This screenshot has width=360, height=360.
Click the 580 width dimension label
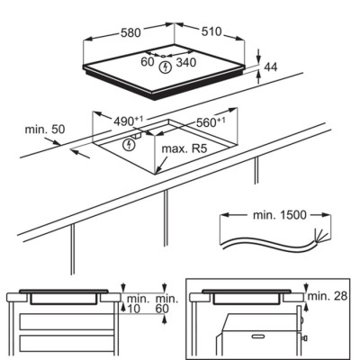(130, 32)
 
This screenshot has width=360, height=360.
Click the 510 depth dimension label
(211, 31)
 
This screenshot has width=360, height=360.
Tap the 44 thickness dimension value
(271, 67)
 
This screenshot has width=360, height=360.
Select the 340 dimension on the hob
(186, 62)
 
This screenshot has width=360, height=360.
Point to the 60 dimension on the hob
(148, 62)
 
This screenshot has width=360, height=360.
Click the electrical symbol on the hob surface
(165, 67)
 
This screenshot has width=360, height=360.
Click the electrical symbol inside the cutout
(129, 145)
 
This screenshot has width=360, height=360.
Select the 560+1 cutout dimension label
(211, 122)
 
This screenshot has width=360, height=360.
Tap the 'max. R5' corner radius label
(184, 148)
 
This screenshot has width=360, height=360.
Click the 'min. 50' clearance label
(45, 130)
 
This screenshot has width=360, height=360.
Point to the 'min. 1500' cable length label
(280, 215)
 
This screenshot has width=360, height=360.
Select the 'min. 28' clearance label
(328, 296)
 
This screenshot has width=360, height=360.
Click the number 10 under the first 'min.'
(133, 309)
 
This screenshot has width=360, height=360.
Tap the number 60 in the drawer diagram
(162, 309)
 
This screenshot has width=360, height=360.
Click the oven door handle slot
(258, 337)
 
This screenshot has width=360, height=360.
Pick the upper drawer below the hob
(67, 321)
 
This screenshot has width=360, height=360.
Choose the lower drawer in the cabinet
(67, 343)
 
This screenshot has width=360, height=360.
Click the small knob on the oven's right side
(305, 338)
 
